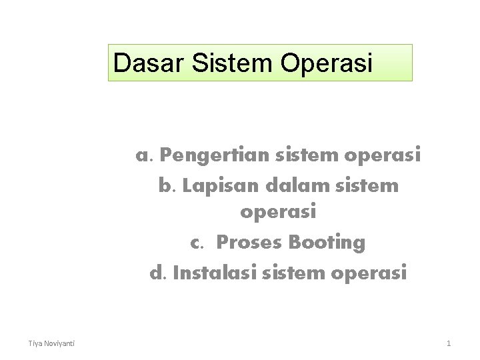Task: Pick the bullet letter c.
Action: [x=196, y=243]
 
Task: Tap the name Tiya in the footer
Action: [x=35, y=343]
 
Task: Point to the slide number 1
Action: [x=449, y=343]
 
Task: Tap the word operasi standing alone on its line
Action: [x=278, y=213]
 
